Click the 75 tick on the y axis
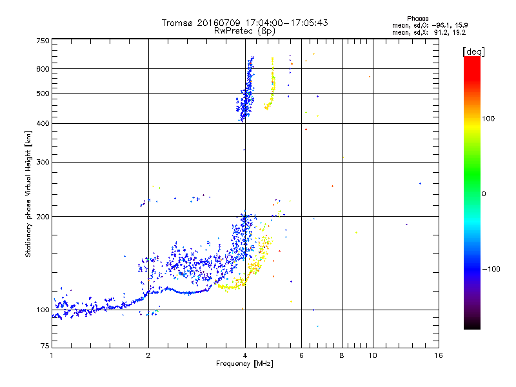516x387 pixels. [45, 349]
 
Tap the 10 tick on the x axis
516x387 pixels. [372, 356]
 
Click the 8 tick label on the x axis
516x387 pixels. [342, 356]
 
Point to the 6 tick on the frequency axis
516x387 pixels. [302, 356]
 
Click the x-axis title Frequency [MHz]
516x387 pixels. [244, 364]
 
